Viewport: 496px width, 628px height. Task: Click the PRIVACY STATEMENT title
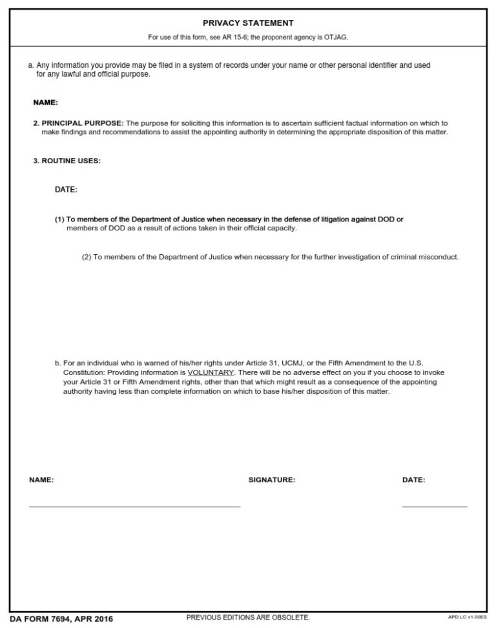[x=248, y=23]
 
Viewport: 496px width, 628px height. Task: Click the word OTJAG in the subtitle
[x=337, y=37]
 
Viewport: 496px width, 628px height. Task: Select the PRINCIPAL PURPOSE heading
[x=82, y=123]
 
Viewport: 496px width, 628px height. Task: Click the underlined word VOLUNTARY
[x=211, y=373]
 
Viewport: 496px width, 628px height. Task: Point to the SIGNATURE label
[x=272, y=480]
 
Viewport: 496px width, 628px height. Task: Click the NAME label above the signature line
[x=41, y=480]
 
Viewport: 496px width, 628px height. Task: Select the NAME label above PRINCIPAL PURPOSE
[x=45, y=103]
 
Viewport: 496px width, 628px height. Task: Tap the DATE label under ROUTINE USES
[x=66, y=190]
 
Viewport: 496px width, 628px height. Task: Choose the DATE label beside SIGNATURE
[x=413, y=480]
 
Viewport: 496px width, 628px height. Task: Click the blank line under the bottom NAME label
[x=134, y=507]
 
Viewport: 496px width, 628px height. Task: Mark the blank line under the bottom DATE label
[x=434, y=507]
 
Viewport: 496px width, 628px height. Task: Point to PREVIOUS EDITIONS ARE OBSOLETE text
[x=248, y=618]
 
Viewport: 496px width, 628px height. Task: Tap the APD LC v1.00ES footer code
[x=467, y=618]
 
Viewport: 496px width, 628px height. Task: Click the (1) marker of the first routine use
[x=59, y=219]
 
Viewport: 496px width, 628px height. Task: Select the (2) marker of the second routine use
[x=87, y=257]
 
